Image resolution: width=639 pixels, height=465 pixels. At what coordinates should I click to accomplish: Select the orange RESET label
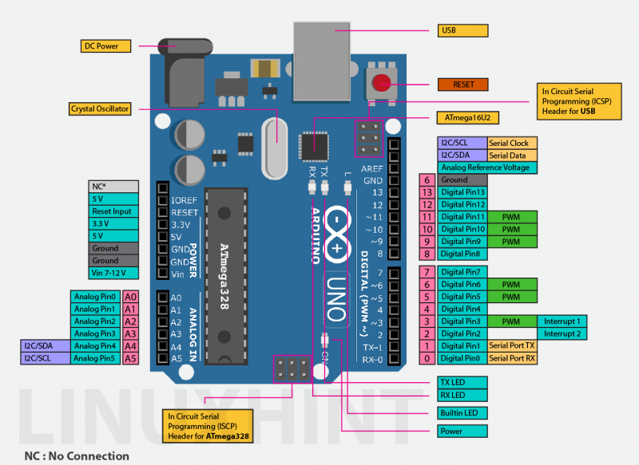tap(462, 84)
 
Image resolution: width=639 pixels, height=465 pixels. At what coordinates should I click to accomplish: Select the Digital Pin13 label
tap(463, 192)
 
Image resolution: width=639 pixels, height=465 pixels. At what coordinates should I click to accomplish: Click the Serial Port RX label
tap(512, 358)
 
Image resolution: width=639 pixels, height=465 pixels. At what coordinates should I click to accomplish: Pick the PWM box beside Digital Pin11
tap(512, 217)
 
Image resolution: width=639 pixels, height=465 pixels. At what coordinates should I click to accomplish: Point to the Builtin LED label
tap(462, 413)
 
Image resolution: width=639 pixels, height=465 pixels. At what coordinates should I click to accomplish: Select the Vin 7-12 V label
tap(119, 273)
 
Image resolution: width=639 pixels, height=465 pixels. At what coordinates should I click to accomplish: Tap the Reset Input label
tap(119, 211)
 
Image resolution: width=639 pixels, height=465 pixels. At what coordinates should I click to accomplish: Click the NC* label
tap(119, 186)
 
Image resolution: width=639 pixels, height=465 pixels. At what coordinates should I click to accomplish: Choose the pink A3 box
tap(131, 333)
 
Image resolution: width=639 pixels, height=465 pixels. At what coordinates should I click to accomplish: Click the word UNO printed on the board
tap(336, 298)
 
